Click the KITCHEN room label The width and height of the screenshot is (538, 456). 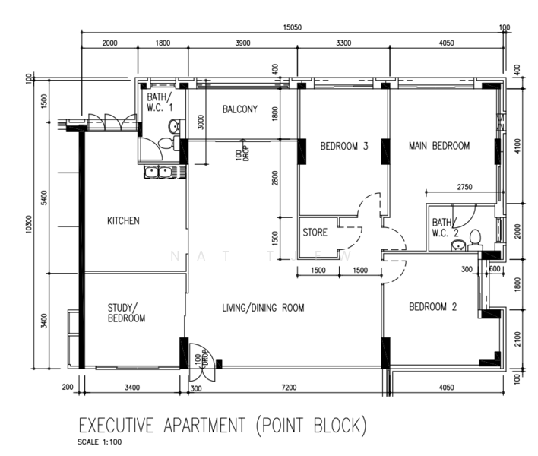[x=123, y=220]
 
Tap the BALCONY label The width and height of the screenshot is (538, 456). [x=240, y=109]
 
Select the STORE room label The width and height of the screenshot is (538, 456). [x=315, y=233]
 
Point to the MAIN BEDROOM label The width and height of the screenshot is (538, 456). [x=439, y=146]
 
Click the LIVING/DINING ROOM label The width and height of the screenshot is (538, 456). [x=263, y=308]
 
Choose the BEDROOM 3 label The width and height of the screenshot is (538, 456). [x=344, y=146]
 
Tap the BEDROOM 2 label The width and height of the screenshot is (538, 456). [x=433, y=306]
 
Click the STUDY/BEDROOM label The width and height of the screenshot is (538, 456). [x=126, y=313]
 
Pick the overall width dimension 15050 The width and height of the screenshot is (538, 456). [x=293, y=27]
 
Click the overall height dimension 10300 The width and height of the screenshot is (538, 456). [x=28, y=224]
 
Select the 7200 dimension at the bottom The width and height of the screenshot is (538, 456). [x=289, y=388]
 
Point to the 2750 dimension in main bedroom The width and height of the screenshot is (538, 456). [x=464, y=187]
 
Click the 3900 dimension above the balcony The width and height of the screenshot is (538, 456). [x=242, y=43]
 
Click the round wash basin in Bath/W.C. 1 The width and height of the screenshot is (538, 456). [x=173, y=127]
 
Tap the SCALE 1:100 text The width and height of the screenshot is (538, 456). [x=100, y=442]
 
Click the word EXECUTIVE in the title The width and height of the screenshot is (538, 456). [x=116, y=425]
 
